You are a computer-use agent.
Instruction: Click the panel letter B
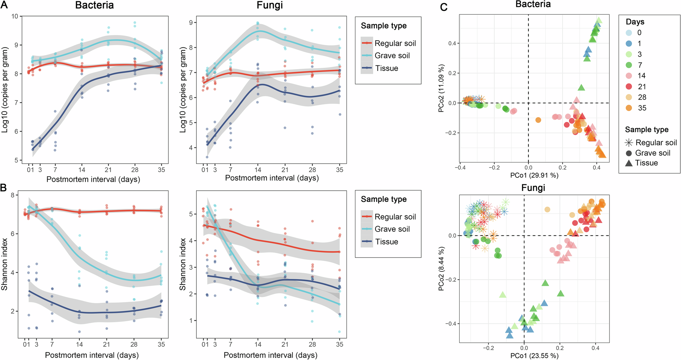click(x=4, y=188)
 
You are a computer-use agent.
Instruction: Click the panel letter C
click(x=444, y=7)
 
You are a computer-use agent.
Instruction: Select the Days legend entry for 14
click(x=629, y=76)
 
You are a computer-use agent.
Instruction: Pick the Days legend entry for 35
click(x=629, y=108)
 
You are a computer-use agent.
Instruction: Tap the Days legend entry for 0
click(x=629, y=33)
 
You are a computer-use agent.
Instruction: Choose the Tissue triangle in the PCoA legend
click(x=629, y=163)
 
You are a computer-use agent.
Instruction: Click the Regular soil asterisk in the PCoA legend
click(x=629, y=142)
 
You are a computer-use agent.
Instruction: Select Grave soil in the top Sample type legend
click(x=392, y=56)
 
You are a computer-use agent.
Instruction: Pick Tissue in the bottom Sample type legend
click(x=386, y=241)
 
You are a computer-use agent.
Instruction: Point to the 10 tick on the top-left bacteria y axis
click(x=15, y=16)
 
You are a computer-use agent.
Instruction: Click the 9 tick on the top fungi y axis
click(x=191, y=22)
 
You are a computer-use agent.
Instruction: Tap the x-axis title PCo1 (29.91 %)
click(x=534, y=175)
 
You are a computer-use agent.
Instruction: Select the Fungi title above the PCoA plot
click(x=533, y=188)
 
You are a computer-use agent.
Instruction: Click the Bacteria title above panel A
click(x=94, y=5)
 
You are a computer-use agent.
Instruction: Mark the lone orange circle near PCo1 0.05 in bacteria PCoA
click(x=538, y=120)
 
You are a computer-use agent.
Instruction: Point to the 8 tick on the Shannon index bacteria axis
click(x=12, y=195)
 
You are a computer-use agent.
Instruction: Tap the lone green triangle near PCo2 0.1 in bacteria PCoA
click(x=582, y=88)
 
